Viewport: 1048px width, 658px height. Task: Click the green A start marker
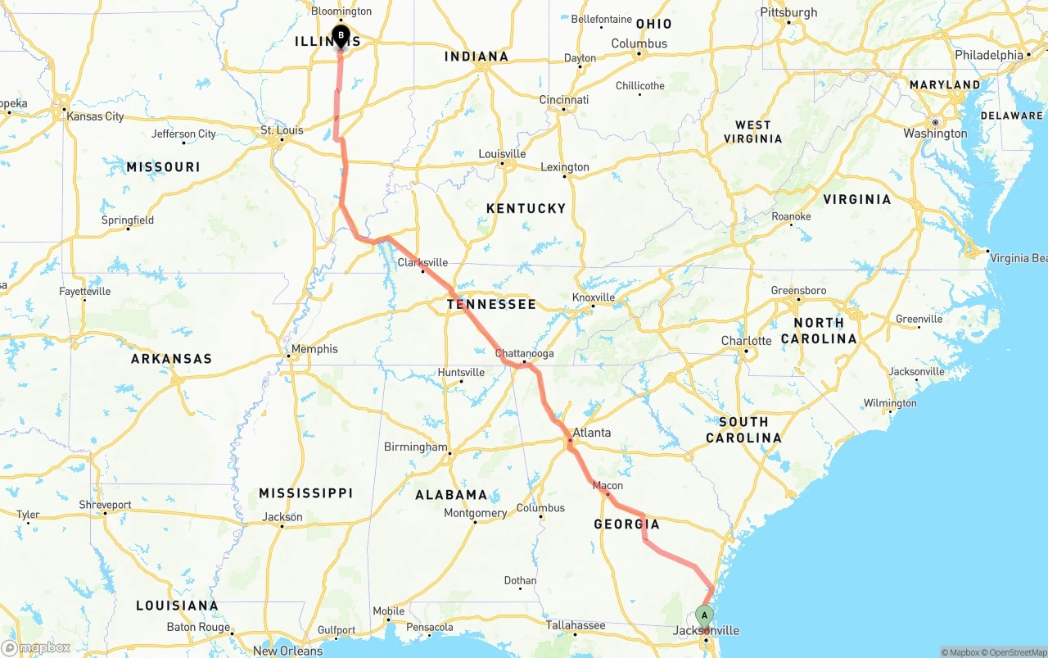tap(704, 615)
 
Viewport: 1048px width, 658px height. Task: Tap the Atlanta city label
tap(591, 433)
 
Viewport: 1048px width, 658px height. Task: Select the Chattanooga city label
tap(526, 353)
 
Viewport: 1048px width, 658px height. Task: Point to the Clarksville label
tap(422, 262)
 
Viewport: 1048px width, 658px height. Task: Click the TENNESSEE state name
tap(491, 304)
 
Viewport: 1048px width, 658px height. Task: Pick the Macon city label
tap(608, 485)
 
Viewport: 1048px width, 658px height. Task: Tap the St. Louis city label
tap(282, 129)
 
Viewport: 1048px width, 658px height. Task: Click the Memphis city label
tap(314, 349)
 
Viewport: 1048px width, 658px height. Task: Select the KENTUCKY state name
tap(526, 208)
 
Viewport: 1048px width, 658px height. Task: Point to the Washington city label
tap(935, 134)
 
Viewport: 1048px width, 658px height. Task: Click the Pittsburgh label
tap(788, 12)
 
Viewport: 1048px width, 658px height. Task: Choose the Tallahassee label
tap(576, 625)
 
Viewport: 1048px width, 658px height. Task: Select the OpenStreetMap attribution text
tap(1015, 652)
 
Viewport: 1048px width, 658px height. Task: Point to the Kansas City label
tap(95, 116)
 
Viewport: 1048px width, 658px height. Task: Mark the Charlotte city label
tap(746, 341)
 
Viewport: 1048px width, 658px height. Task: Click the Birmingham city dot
tap(450, 453)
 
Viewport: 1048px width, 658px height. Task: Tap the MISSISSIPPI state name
tap(305, 492)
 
